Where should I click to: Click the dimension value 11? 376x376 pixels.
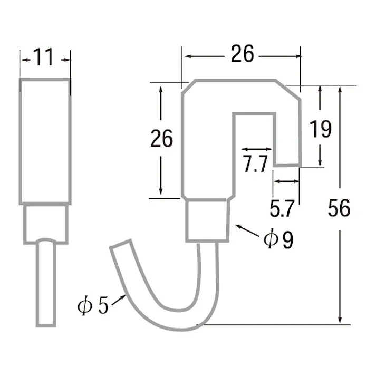[x=45, y=57]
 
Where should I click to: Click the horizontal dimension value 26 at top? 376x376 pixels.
[x=242, y=53]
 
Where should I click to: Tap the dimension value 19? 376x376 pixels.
[x=320, y=129]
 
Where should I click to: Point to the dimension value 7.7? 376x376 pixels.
[x=255, y=165]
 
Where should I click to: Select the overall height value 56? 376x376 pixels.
[x=339, y=208]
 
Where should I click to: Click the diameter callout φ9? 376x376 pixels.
[x=278, y=240]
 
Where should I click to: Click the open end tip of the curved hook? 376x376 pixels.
[x=119, y=247]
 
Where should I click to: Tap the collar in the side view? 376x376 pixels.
[x=46, y=224]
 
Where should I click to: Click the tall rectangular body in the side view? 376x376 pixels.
[x=45, y=141]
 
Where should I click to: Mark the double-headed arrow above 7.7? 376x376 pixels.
[x=255, y=150]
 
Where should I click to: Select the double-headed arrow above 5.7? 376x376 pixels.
[x=286, y=181]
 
